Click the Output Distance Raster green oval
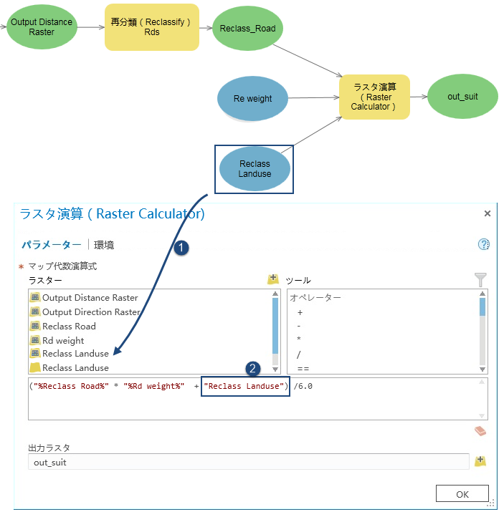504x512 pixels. pos(41,27)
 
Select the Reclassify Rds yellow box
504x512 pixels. pos(151,27)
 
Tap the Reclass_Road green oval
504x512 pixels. pos(248,29)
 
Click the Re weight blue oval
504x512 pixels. pos(252,99)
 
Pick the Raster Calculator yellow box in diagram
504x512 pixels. pos(374,96)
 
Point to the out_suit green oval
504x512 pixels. pos(462,96)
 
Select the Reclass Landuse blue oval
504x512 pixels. pos(255,169)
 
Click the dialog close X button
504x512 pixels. pos(488,213)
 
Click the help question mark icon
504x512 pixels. pos(483,244)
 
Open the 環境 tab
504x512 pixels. pos(104,245)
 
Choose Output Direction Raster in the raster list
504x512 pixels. pos(90,312)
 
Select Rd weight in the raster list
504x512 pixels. pos(63,340)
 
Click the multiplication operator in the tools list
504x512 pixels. pos(299,340)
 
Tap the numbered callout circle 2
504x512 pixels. pos(252,369)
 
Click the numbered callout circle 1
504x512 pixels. pos(181,248)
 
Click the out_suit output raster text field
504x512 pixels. pos(247,463)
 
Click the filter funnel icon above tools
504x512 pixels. pos(480,280)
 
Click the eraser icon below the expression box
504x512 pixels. pos(480,431)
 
